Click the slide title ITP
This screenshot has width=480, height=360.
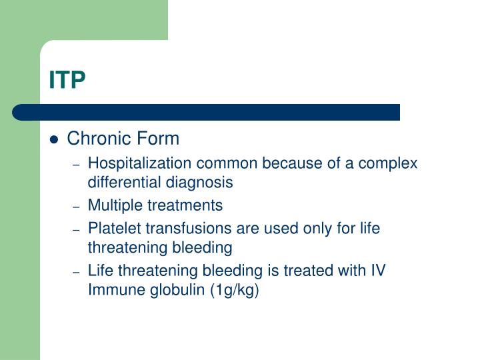pos(67,80)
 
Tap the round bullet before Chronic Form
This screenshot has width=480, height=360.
pos(55,140)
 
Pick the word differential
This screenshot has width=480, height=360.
pos(121,181)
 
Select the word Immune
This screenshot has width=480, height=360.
pos(114,290)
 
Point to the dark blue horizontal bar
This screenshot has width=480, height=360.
pos(207,112)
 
